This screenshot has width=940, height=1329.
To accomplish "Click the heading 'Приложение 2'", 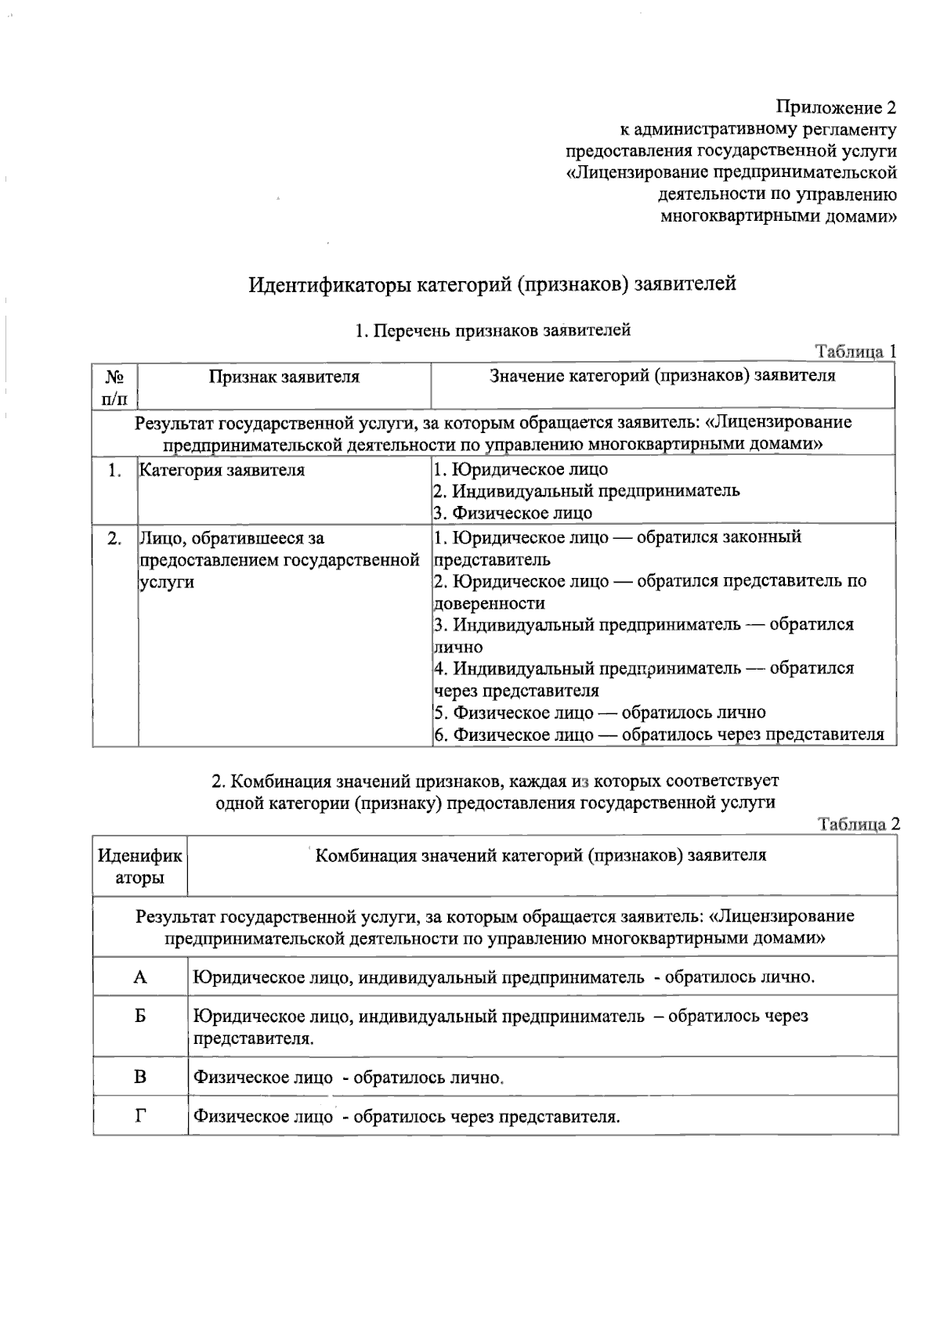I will click(x=835, y=107).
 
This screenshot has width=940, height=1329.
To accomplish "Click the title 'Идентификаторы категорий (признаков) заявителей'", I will click(x=492, y=283).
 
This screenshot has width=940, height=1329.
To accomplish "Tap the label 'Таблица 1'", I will click(x=855, y=352).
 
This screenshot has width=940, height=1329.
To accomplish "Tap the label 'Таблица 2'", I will click(x=859, y=824).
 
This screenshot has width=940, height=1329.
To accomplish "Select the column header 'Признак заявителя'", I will click(x=284, y=377).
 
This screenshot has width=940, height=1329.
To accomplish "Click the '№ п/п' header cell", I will click(x=114, y=387).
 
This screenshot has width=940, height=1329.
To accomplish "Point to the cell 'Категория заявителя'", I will click(x=222, y=471).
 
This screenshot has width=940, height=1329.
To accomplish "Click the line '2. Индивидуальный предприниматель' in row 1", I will click(x=586, y=491).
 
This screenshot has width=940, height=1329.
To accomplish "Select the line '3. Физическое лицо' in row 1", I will click(x=513, y=513).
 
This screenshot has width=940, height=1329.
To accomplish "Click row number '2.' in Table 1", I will click(x=114, y=539).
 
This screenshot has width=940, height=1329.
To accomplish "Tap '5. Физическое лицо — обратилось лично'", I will click(x=599, y=713).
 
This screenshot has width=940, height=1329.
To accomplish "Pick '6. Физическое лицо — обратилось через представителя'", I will click(x=659, y=735).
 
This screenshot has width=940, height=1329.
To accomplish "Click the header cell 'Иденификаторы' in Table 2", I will click(x=139, y=866).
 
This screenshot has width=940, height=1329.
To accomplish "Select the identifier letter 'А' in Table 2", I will click(x=140, y=977).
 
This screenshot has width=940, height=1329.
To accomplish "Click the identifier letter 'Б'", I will click(x=140, y=1017).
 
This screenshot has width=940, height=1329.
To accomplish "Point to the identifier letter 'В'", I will click(x=140, y=1077).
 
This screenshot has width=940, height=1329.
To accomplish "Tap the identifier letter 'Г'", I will click(x=140, y=1116).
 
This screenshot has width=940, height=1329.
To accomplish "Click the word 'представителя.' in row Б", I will click(x=253, y=1039).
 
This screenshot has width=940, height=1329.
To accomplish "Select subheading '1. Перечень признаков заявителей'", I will click(x=493, y=330).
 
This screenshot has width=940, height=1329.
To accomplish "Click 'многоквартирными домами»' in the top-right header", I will click(x=778, y=216).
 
